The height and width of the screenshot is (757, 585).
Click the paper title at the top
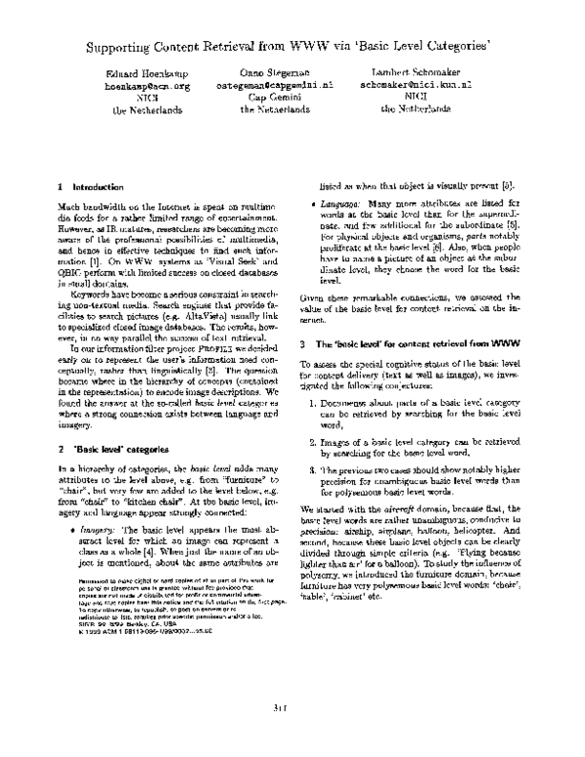click(x=292, y=46)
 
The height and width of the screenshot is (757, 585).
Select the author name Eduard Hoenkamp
click(x=146, y=74)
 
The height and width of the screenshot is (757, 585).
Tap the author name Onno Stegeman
click(x=276, y=74)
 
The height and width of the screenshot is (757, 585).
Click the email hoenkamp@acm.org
click(x=146, y=86)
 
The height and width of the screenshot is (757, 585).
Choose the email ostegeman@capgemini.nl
click(x=276, y=86)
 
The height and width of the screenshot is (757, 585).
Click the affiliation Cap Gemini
click(x=276, y=98)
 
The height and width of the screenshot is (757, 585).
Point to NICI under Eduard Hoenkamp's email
click(x=146, y=98)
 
